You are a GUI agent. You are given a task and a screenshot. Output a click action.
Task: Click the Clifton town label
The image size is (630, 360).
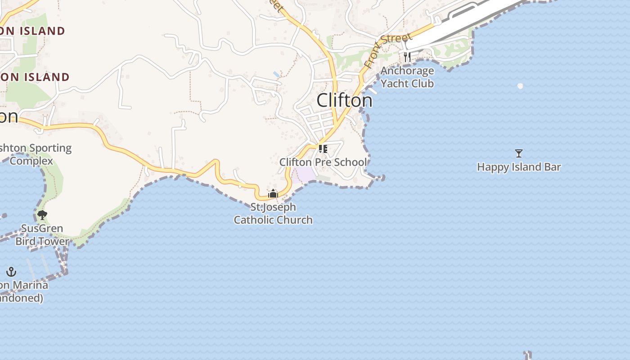click(344, 100)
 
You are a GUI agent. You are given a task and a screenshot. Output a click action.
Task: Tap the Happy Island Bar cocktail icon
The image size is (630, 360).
click(518, 153)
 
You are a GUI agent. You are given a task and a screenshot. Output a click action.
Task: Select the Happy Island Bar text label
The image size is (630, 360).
click(518, 167)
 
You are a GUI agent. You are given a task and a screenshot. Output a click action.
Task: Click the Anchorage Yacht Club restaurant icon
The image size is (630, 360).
click(407, 57)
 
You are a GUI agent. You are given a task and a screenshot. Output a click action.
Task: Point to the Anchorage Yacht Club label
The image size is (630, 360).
click(407, 77)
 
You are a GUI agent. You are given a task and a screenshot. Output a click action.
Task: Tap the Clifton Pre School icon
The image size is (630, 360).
click(323, 148)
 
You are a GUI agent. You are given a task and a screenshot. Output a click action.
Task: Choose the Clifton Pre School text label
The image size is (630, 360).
click(323, 162)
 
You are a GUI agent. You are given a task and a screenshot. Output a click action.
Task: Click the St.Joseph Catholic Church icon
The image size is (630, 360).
click(273, 194)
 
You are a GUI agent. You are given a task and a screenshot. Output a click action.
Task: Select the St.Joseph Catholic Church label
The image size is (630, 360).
click(273, 213)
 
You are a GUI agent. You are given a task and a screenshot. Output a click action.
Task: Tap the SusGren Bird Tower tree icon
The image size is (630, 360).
click(42, 215)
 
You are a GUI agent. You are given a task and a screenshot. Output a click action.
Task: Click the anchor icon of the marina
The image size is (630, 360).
click(11, 272)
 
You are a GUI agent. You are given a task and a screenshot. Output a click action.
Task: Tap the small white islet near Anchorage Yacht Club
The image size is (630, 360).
click(520, 86)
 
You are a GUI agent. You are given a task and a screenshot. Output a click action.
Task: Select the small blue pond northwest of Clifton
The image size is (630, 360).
click(276, 74)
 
